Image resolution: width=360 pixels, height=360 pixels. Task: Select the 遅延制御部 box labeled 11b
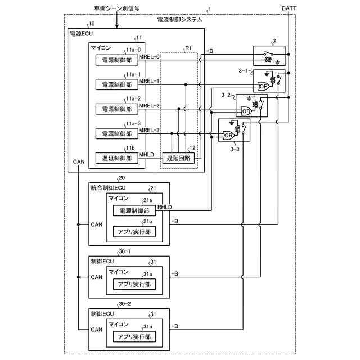tap(116, 158)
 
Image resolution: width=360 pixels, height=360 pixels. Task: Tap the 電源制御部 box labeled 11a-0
tap(116, 60)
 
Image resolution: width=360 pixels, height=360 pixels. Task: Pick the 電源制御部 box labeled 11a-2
tap(116, 109)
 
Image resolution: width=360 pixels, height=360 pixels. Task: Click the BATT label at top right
tap(289, 9)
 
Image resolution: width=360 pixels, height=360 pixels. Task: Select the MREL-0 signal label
tap(150, 56)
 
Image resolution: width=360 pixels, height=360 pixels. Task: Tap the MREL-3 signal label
tap(150, 130)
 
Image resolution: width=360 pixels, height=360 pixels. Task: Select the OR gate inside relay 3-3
tap(228, 136)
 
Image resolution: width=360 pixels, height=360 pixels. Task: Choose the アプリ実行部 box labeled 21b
tap(133, 231)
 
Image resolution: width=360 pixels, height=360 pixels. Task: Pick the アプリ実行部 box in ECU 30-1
tap(133, 284)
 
